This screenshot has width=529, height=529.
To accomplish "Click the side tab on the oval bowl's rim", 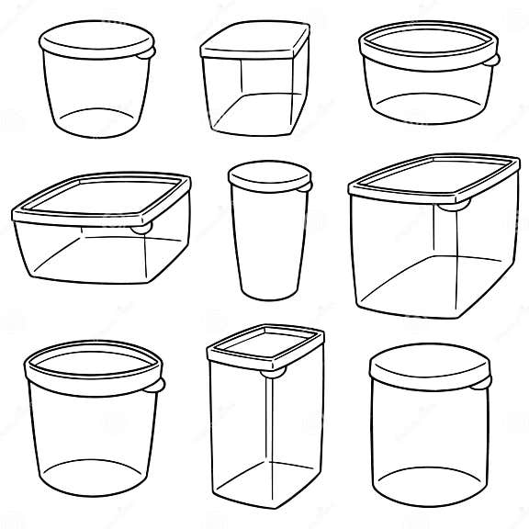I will (x=494, y=60).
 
